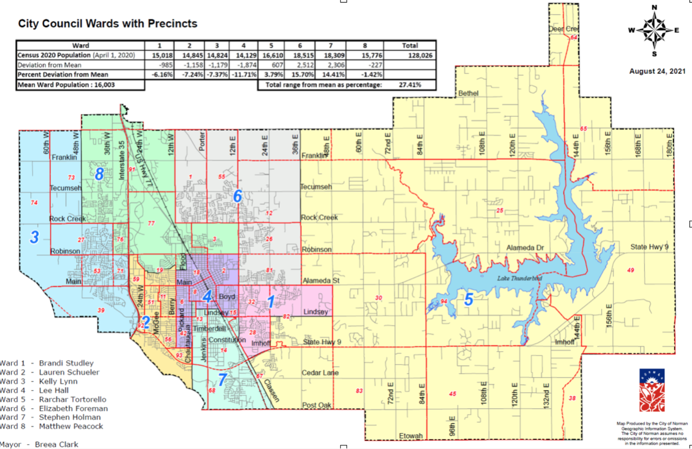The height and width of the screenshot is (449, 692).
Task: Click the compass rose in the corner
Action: pos(654,30)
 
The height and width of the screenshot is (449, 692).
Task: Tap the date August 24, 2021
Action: pos(657,71)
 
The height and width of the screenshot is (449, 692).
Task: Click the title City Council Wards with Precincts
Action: pos(108,24)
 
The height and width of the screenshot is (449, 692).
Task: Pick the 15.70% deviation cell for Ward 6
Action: pos(303,74)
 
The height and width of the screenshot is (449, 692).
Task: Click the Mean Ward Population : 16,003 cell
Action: pos(67,85)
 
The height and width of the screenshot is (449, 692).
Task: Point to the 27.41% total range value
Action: pos(410,85)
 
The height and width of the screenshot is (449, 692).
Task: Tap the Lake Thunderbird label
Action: pos(519,279)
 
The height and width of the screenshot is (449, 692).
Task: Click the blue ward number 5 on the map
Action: pos(468,299)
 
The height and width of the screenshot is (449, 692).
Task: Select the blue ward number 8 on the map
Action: pos(99,174)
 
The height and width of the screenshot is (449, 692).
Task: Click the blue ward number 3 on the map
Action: pos(34,237)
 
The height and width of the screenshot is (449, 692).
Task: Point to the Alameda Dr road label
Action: pos(525,248)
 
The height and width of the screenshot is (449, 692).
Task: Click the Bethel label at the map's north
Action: pos(468,93)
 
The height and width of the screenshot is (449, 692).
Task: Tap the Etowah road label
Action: pos(411,436)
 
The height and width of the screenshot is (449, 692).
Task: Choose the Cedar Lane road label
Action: pos(320,373)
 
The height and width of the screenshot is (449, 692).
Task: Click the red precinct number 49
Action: pos(630,270)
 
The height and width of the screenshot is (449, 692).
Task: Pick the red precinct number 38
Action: pos(572,398)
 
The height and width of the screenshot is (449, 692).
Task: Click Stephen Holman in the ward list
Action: pos(70,417)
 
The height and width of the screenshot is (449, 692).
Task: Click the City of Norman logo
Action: pos(652,390)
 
